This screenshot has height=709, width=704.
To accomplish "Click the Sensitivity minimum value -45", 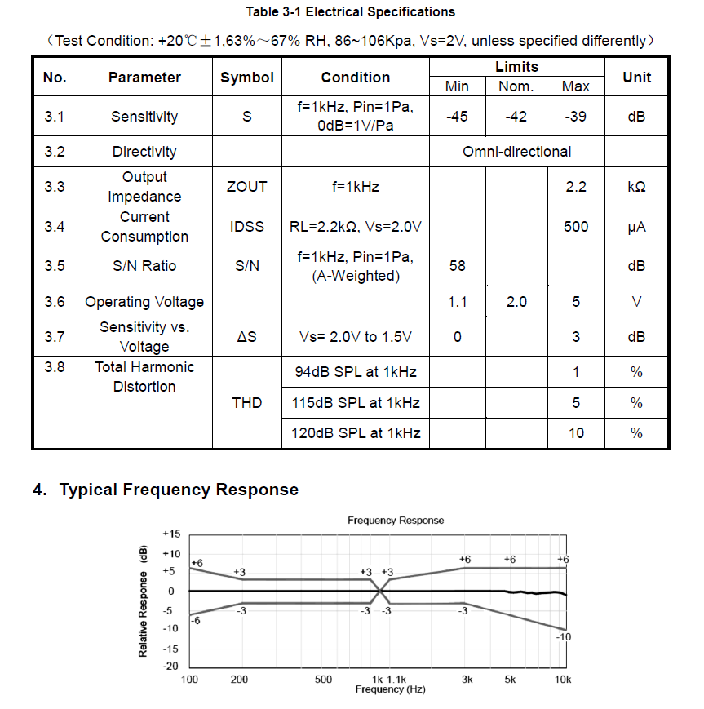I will coord(457,117).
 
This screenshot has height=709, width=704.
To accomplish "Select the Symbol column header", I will coord(246,78).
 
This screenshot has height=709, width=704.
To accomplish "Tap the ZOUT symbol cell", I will coord(246,187).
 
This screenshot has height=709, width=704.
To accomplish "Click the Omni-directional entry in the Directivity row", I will coord(516,152).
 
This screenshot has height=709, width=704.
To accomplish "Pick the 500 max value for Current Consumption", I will coord(576,227).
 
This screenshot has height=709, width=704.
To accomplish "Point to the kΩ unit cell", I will coord(636,187).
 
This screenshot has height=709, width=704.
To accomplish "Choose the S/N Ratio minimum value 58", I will coord(457,266).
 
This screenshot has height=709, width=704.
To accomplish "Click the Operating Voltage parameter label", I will coord(144,302).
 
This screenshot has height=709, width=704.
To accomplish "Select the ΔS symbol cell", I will coord(246,337).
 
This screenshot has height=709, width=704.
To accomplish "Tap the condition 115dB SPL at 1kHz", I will coord(356,403).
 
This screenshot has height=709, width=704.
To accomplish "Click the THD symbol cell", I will coord(246,403).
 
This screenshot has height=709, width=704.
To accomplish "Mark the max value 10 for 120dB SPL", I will coord(576,433).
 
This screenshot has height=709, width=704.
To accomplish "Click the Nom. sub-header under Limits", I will coord(516,86).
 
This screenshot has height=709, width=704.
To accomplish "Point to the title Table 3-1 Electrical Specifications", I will coord(351,12).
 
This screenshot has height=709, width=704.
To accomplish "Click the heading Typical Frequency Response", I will coord(179,490).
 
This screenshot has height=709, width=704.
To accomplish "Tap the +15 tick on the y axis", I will coord(171,534).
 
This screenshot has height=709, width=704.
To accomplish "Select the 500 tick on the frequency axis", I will coord(323,680).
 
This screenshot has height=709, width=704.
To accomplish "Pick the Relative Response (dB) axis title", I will coord(144,601).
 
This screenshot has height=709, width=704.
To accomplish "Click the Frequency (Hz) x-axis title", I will coord(390,690).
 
